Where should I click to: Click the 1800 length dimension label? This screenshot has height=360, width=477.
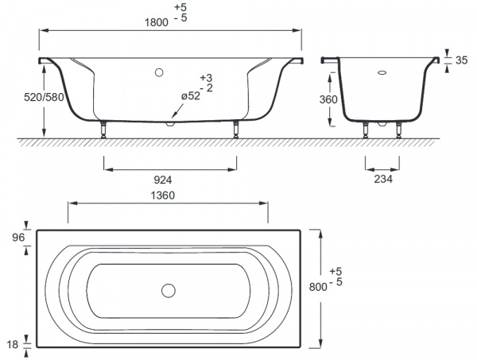157,22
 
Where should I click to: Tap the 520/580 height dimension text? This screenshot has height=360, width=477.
44,97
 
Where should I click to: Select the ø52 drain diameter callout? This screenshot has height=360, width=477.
191,96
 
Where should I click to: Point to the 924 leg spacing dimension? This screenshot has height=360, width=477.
163,180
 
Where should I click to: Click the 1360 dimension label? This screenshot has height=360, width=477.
163,195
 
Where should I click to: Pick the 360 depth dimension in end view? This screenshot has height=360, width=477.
328,99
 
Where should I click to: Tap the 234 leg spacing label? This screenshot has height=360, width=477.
383,179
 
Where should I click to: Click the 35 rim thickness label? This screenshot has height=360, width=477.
461,60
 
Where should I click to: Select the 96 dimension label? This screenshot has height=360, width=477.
18,238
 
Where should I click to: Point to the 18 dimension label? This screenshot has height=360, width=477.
13,344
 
